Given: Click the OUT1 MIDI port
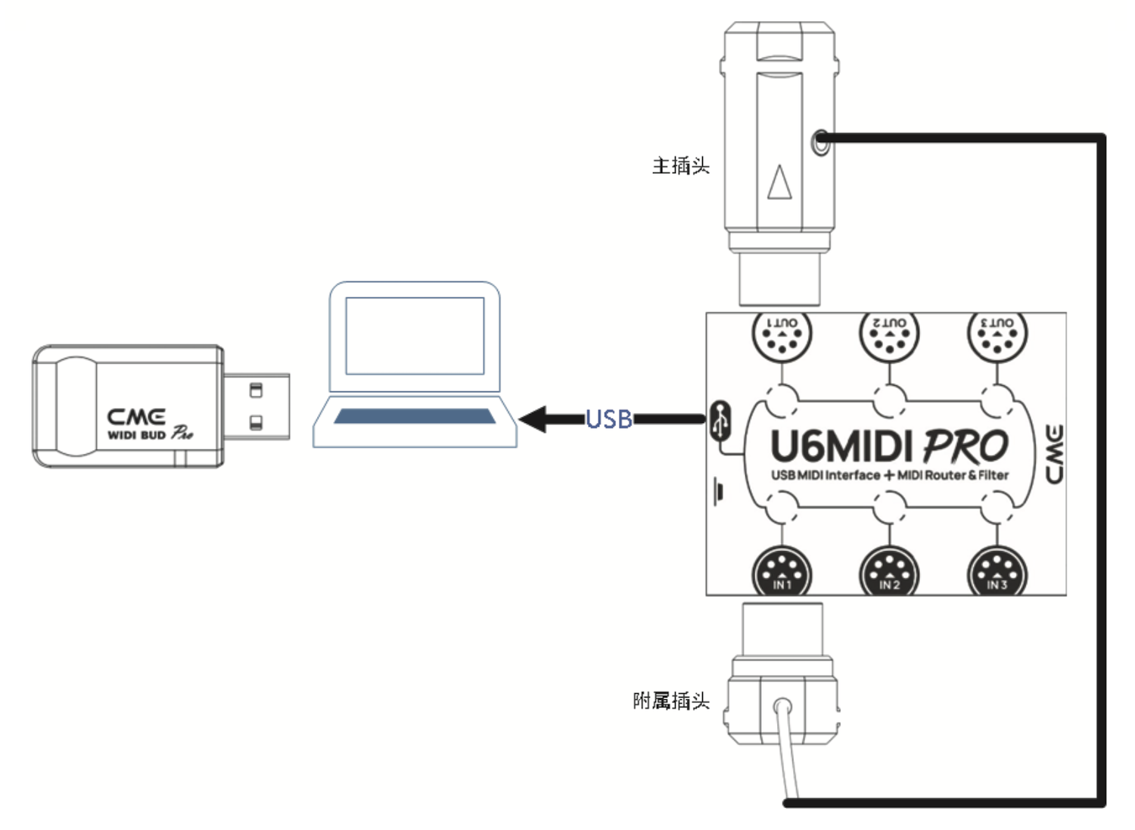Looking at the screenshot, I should [x=782, y=335].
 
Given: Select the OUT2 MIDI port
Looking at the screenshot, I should [x=889, y=335].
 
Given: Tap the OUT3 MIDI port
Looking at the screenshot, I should [x=997, y=335].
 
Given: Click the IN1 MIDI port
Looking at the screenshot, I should [x=782, y=574].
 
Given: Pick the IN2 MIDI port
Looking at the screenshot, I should [x=889, y=574].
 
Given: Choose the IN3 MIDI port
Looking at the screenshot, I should [x=997, y=574].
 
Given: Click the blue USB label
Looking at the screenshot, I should [x=609, y=419].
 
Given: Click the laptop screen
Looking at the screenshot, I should [x=415, y=335].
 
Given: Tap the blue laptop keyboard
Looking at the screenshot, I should [x=415, y=416].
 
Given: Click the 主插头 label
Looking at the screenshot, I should [x=681, y=166].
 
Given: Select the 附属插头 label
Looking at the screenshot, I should [x=671, y=701].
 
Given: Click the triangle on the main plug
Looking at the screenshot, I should [x=779, y=182].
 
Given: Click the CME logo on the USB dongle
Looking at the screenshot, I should [x=136, y=417].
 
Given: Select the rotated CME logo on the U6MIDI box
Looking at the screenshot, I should [x=1054, y=454].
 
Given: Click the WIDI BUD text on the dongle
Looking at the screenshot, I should [x=137, y=435].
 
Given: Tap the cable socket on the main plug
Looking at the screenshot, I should [x=820, y=141].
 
